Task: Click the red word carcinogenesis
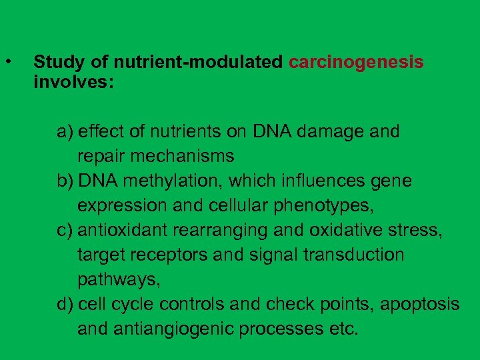[356, 63]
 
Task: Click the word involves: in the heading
[73, 83]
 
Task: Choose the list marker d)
[65, 305]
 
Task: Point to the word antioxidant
[123, 231]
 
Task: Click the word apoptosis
[420, 305]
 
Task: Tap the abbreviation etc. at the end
[343, 329]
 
